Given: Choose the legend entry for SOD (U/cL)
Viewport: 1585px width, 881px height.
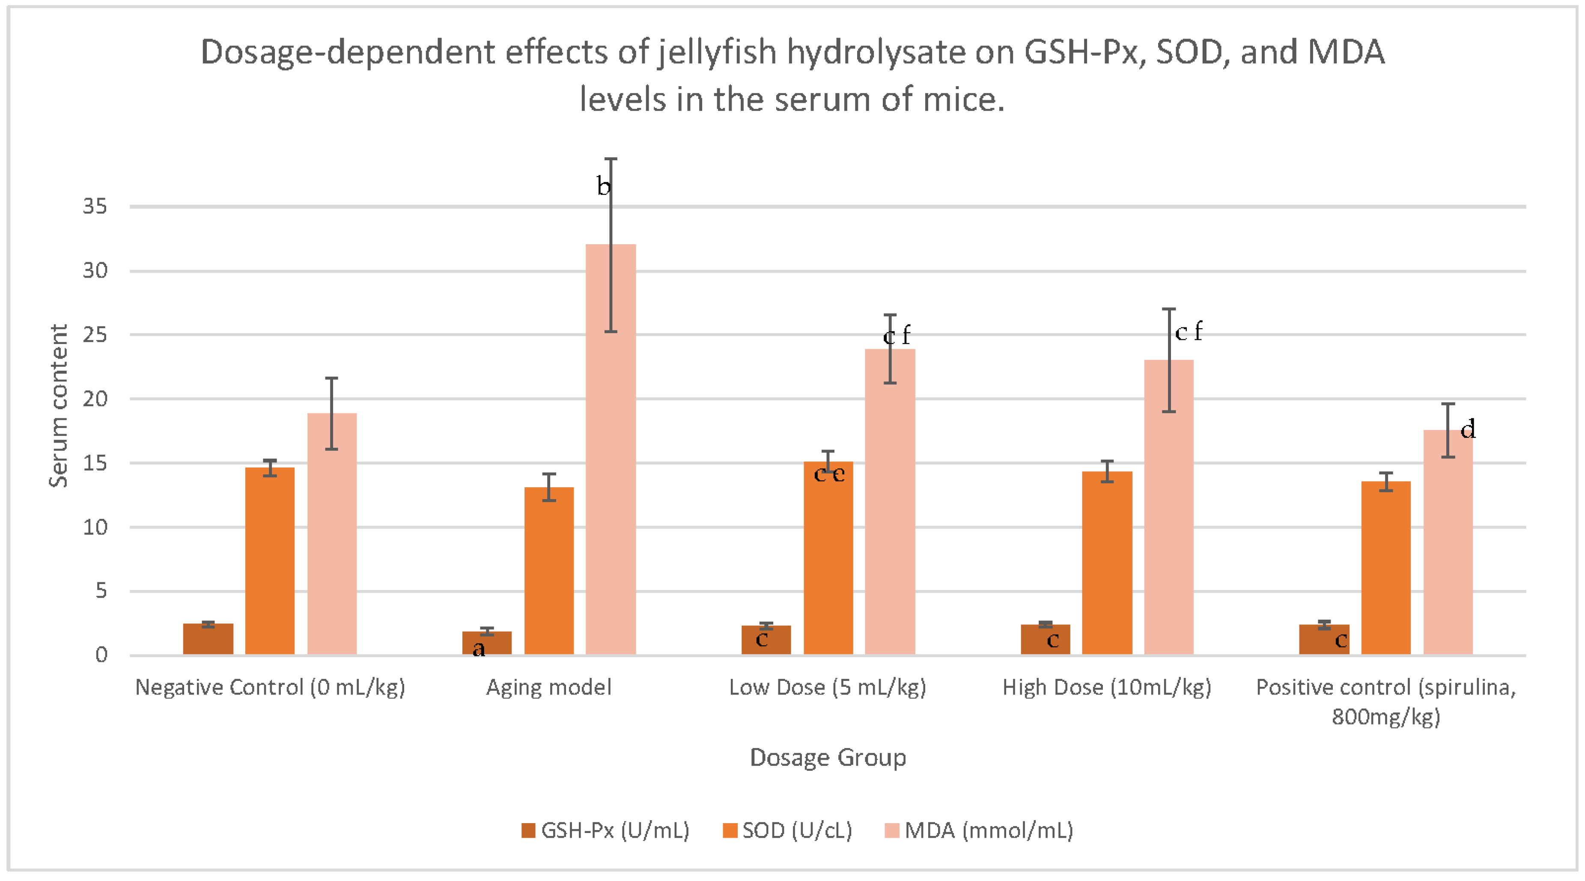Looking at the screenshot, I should pyautogui.click(x=788, y=830).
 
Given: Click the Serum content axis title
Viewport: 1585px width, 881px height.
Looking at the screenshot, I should pyautogui.click(x=59, y=406).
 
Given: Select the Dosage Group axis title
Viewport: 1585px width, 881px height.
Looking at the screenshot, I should pyautogui.click(x=828, y=757).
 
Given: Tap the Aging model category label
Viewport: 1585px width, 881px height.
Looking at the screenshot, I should pyautogui.click(x=549, y=687).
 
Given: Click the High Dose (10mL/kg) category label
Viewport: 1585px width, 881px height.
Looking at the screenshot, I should pyautogui.click(x=1106, y=687).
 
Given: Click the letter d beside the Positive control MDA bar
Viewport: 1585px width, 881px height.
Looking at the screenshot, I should pyautogui.click(x=1468, y=429).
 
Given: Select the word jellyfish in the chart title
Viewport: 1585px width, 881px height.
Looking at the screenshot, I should pyautogui.click(x=716, y=52).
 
